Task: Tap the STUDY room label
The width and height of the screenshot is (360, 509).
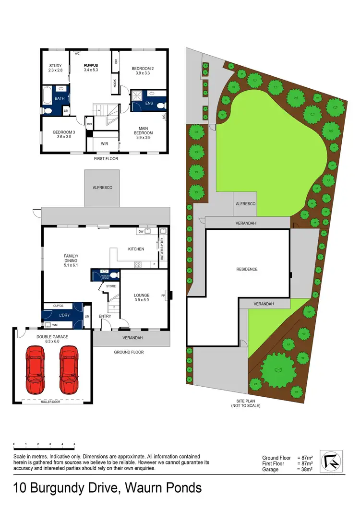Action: coord(56,68)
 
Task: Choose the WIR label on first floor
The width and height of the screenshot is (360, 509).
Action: coord(104,143)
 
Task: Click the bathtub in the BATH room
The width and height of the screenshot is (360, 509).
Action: coord(47,95)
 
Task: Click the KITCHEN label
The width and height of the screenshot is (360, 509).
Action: coord(136,249)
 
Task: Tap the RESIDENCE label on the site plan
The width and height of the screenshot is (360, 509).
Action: coord(248,269)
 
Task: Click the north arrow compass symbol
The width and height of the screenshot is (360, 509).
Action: coord(332,462)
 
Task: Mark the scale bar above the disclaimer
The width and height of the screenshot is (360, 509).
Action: coord(44,445)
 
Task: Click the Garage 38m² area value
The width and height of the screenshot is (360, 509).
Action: coord(305,470)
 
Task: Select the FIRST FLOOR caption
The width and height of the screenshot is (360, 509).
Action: coord(106,158)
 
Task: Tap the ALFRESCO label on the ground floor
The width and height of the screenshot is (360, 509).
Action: coord(103,188)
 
